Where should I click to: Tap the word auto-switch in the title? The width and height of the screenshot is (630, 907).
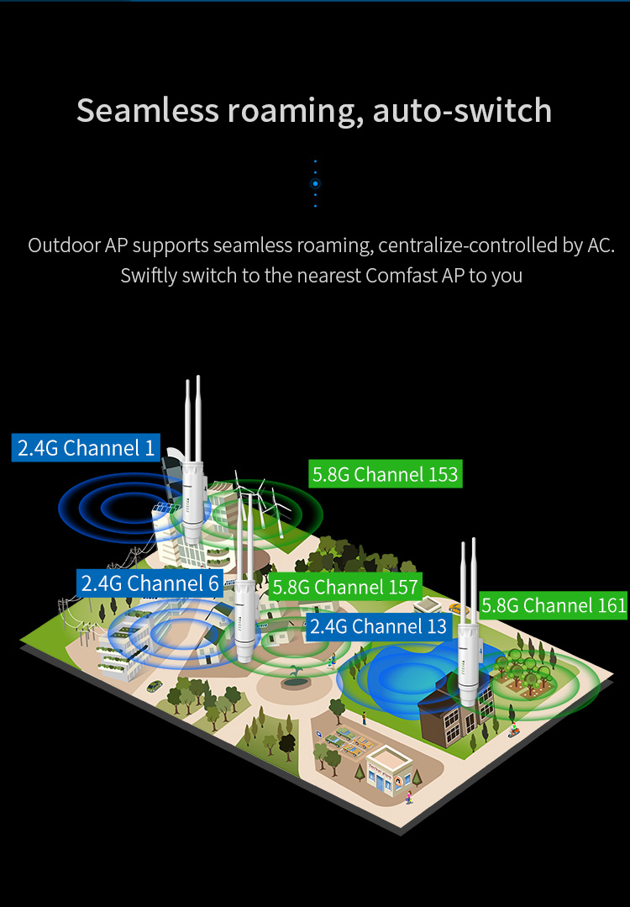(x=462, y=111)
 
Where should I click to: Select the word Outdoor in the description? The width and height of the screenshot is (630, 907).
(x=64, y=245)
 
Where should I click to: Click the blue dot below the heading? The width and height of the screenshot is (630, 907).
(x=315, y=183)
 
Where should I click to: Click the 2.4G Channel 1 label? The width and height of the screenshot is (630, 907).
(x=87, y=447)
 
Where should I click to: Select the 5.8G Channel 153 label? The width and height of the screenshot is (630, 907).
(x=385, y=474)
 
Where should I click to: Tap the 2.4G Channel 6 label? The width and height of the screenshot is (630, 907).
(x=150, y=583)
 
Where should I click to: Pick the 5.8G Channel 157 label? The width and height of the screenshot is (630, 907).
(x=345, y=587)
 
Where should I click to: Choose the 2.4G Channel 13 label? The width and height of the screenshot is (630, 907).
(x=377, y=626)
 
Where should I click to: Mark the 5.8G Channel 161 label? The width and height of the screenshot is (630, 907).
(x=554, y=604)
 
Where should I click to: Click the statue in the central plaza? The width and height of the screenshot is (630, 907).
(x=294, y=676)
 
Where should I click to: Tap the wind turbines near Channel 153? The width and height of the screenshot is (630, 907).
(x=260, y=503)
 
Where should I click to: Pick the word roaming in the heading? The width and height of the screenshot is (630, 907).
(x=291, y=111)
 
